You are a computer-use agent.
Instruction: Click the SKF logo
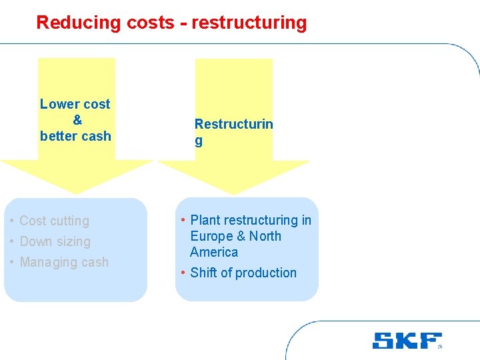point(407,341)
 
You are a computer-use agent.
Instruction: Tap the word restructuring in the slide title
point(249,23)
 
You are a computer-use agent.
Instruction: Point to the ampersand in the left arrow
point(77,120)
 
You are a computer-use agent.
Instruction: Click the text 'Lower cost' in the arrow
point(75,104)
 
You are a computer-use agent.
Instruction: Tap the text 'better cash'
point(75,136)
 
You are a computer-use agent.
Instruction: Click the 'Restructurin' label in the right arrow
point(233,124)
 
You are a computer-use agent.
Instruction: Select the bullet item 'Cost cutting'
point(54,221)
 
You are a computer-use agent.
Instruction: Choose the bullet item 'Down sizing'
point(55,241)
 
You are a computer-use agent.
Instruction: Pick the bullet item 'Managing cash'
point(64,262)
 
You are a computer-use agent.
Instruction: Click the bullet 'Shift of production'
point(243,273)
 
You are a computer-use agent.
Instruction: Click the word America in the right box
point(214,252)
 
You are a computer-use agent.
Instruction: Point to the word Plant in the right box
point(205,220)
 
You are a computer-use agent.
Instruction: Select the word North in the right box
point(265,236)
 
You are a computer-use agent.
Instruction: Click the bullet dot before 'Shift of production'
point(183,273)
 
